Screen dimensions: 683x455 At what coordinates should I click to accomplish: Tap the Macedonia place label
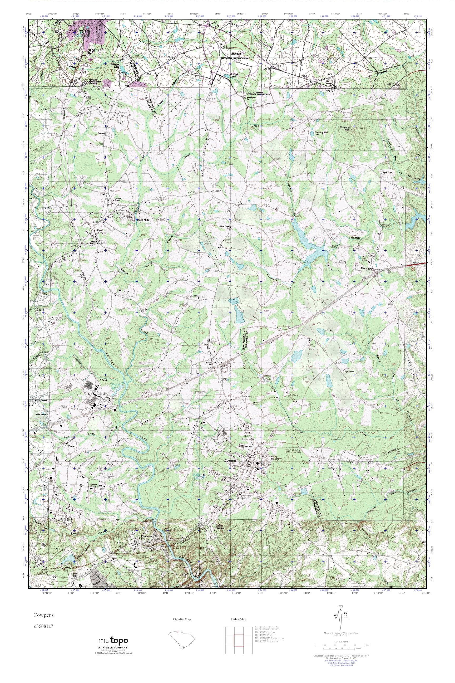coord(366,268)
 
